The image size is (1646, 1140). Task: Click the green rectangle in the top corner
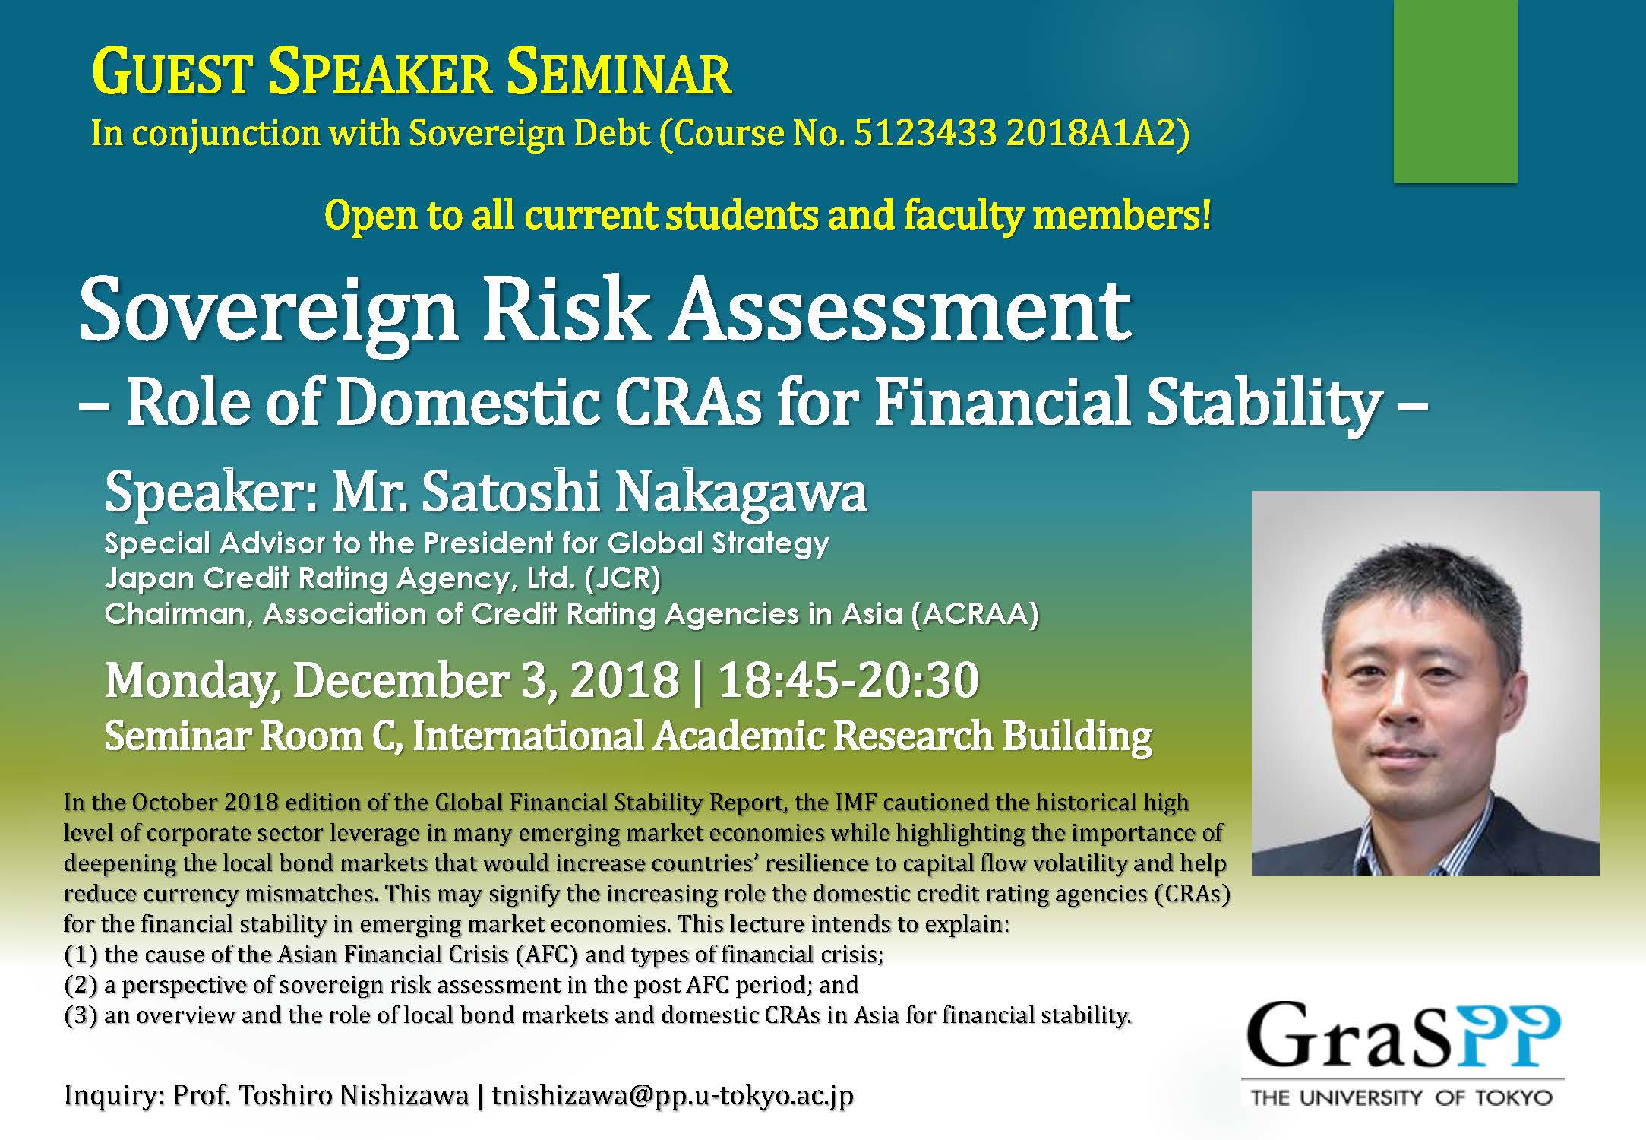tap(1455, 91)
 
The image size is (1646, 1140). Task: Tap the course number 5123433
tap(924, 134)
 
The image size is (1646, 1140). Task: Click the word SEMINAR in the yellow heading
tap(618, 74)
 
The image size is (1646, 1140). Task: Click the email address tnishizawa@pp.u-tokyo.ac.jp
tap(672, 1095)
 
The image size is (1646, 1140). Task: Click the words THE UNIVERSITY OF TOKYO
tap(1401, 1097)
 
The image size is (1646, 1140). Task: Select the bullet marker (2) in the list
tap(81, 985)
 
